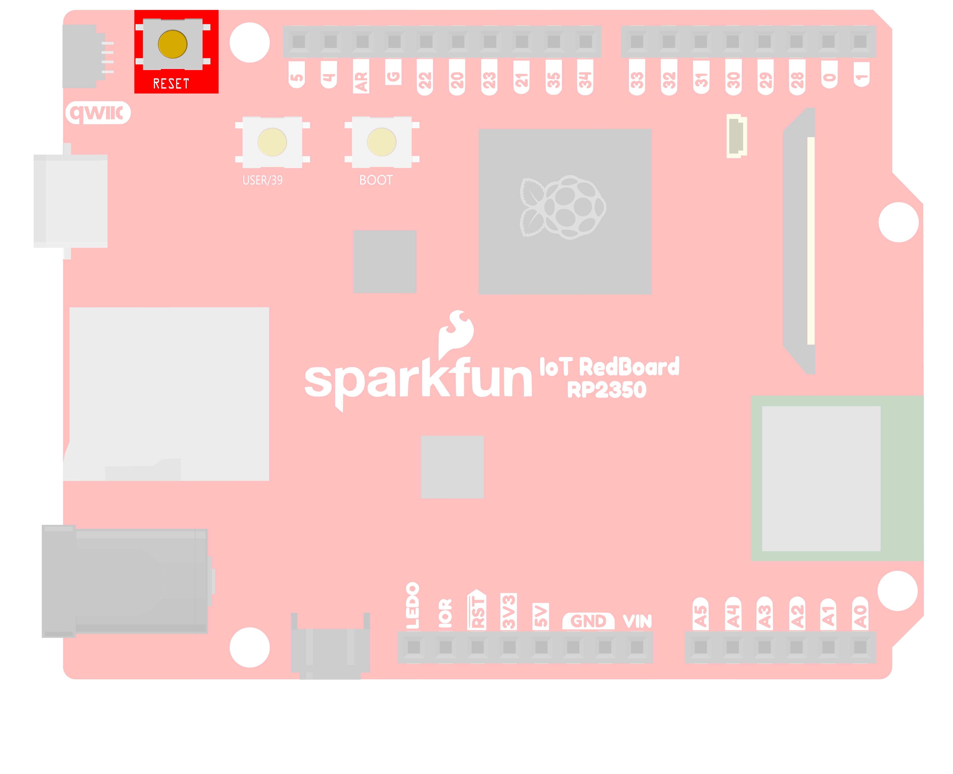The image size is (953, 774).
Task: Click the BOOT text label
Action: tap(376, 180)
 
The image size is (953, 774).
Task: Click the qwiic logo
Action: tap(98, 113)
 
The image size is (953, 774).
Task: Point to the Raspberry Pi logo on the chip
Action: tap(563, 207)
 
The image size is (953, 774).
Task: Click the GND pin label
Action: tap(588, 621)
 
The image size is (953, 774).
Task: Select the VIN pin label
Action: tap(637, 621)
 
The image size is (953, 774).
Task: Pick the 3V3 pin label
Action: tap(509, 612)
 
